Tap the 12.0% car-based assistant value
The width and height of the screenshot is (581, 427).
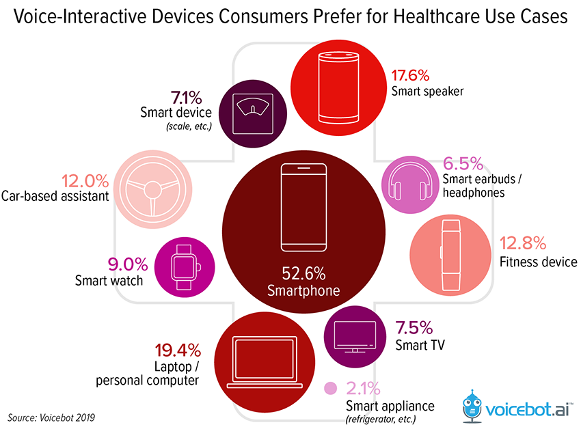[85, 181]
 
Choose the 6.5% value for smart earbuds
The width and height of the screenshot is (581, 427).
[463, 164]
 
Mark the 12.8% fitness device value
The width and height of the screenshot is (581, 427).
[523, 243]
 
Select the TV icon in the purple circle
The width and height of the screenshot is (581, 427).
[353, 335]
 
